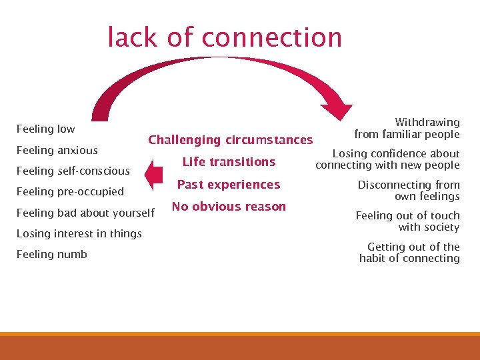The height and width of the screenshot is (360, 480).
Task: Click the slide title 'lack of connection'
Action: coord(225,37)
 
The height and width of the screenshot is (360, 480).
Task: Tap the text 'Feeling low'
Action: coord(45,129)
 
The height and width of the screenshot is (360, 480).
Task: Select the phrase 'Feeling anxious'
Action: coord(57,150)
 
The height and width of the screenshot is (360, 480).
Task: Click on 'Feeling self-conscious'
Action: coord(73,171)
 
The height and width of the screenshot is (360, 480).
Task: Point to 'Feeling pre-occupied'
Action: coord(70,191)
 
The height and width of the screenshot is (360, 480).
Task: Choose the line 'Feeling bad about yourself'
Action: coord(85,213)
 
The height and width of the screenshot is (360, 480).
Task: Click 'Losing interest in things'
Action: coord(79,233)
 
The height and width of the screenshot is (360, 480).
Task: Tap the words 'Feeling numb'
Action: coord(51,254)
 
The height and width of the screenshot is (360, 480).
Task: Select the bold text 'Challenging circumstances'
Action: coord(230,140)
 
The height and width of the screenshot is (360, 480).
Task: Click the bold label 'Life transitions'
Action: coord(229,162)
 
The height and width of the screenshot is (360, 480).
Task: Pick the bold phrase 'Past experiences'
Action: coord(229,185)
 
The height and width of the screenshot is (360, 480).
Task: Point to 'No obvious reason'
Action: coord(229,207)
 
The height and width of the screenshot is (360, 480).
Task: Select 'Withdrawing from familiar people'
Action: coord(407,128)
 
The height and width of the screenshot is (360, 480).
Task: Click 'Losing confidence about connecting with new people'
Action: coord(387,159)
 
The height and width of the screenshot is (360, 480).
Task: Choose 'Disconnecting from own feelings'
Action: coord(409,190)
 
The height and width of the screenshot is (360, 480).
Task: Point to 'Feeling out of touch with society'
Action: coord(407,221)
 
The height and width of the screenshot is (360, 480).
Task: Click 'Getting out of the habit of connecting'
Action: coord(409,252)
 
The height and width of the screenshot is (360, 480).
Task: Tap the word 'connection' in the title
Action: coord(271,37)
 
